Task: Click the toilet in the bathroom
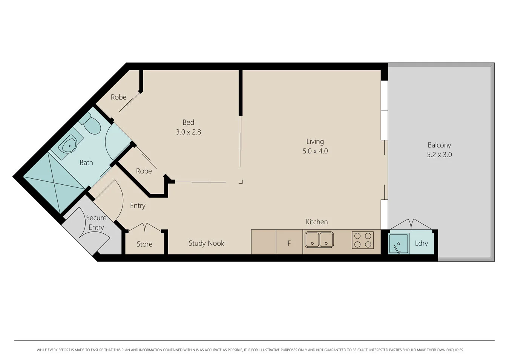point(91,124)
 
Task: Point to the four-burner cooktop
point(362,240)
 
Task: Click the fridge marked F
point(289,243)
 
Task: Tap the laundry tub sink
point(399,244)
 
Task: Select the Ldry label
point(421,243)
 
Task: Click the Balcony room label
point(439,145)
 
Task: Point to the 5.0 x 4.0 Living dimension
point(315,151)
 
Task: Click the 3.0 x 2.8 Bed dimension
point(188,132)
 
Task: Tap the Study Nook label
point(206,243)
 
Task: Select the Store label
point(144,244)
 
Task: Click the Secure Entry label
point(96,222)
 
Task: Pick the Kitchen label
point(317,222)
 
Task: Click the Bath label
point(86,162)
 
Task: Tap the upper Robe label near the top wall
point(118,97)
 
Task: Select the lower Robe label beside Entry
point(144,171)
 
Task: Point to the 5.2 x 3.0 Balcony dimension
point(439,155)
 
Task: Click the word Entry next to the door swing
point(138,205)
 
